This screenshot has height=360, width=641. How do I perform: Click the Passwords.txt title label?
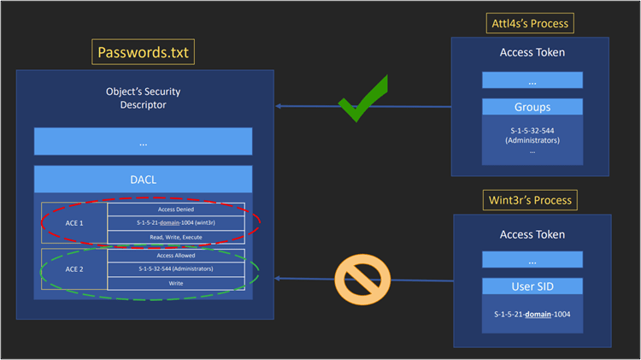pos(143,54)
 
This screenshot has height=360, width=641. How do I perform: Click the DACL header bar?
pos(143,179)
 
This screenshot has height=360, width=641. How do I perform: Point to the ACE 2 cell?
pos(74,269)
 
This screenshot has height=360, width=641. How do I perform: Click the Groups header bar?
pos(532,109)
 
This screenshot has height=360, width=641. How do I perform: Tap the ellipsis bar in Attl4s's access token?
pos(532,80)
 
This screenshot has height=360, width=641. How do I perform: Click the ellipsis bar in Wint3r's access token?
pos(532,259)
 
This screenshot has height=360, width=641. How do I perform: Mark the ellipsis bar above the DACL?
pos(143,142)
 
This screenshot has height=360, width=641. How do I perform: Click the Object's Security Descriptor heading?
pos(143,98)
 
